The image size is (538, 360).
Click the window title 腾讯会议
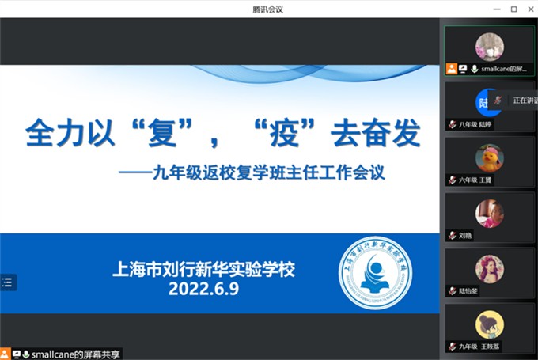(268, 9)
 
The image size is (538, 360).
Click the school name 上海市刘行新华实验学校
(203, 269)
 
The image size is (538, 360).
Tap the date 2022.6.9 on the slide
(203, 290)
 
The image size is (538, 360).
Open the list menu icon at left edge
(7, 282)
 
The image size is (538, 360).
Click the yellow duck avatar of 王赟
(490, 158)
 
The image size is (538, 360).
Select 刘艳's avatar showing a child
(490, 213)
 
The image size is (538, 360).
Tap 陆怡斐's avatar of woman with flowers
(490, 269)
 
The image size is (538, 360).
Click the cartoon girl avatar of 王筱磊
(490, 324)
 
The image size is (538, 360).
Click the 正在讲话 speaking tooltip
(525, 100)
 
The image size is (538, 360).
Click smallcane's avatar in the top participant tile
(490, 47)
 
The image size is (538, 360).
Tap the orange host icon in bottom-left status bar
(6, 353)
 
